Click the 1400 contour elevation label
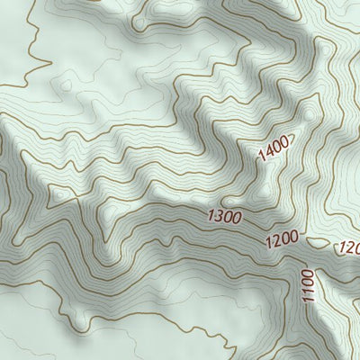273,148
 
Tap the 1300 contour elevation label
224,216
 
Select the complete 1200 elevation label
281,240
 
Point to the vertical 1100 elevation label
308,285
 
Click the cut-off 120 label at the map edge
348,248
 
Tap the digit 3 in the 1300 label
220,215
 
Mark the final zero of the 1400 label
284,140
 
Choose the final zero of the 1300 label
237,218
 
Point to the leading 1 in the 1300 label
211,214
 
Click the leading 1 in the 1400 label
261,156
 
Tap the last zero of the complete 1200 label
292,238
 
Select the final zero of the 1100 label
307,273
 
